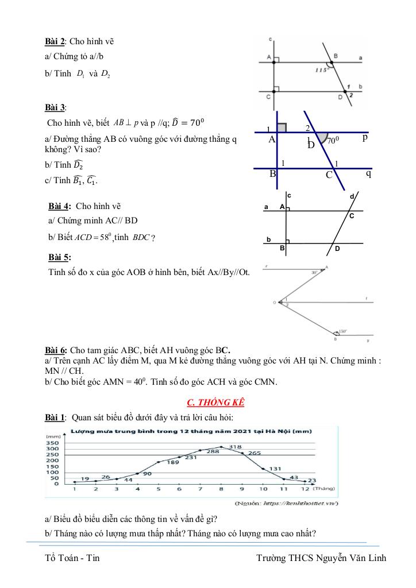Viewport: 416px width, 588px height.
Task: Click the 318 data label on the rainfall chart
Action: (234, 446)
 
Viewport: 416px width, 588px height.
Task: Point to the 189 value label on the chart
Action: (173, 462)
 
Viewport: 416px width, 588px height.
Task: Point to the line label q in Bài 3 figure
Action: (368, 172)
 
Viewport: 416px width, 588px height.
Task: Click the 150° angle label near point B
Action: (344, 331)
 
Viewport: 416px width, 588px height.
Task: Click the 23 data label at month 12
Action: (312, 480)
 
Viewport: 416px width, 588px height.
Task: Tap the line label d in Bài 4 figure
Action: (352, 197)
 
